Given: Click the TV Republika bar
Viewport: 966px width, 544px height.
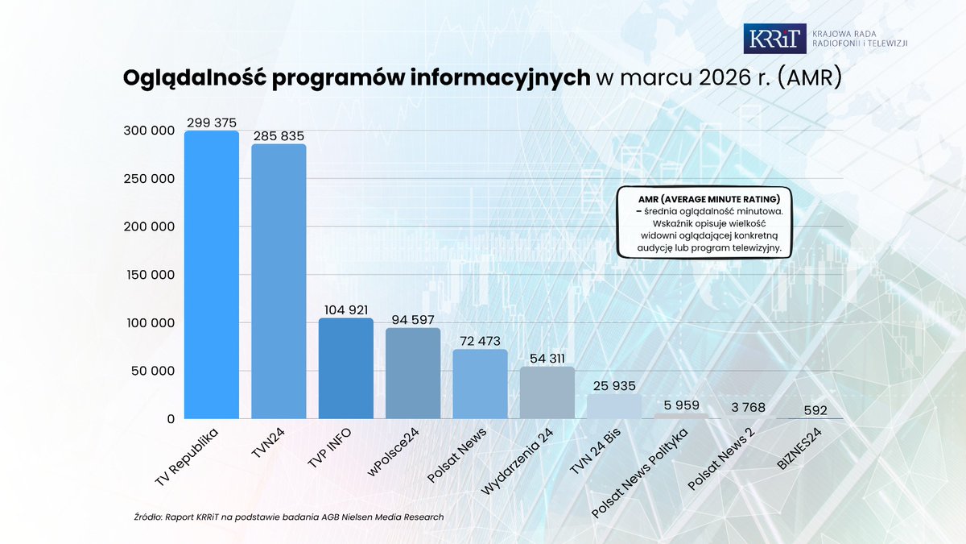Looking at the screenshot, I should [212, 275].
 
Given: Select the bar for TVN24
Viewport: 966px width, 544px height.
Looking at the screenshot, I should [279, 281].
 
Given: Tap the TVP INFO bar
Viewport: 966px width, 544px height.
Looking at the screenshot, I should [345, 368].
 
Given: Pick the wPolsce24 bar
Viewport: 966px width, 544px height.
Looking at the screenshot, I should [413, 373].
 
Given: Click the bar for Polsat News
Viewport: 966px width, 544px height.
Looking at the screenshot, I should [480, 384].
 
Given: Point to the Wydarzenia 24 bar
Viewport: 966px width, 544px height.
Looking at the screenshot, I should [547, 392].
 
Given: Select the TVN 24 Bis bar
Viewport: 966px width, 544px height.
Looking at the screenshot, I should [613, 406].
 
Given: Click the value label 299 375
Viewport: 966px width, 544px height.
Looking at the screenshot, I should [212, 123].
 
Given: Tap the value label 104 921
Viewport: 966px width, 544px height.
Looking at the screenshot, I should [345, 310].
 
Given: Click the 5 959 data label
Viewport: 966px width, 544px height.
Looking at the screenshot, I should [681, 405].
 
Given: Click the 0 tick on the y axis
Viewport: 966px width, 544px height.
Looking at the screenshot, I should [171, 419].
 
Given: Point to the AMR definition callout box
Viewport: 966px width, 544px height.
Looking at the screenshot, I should [704, 223].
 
